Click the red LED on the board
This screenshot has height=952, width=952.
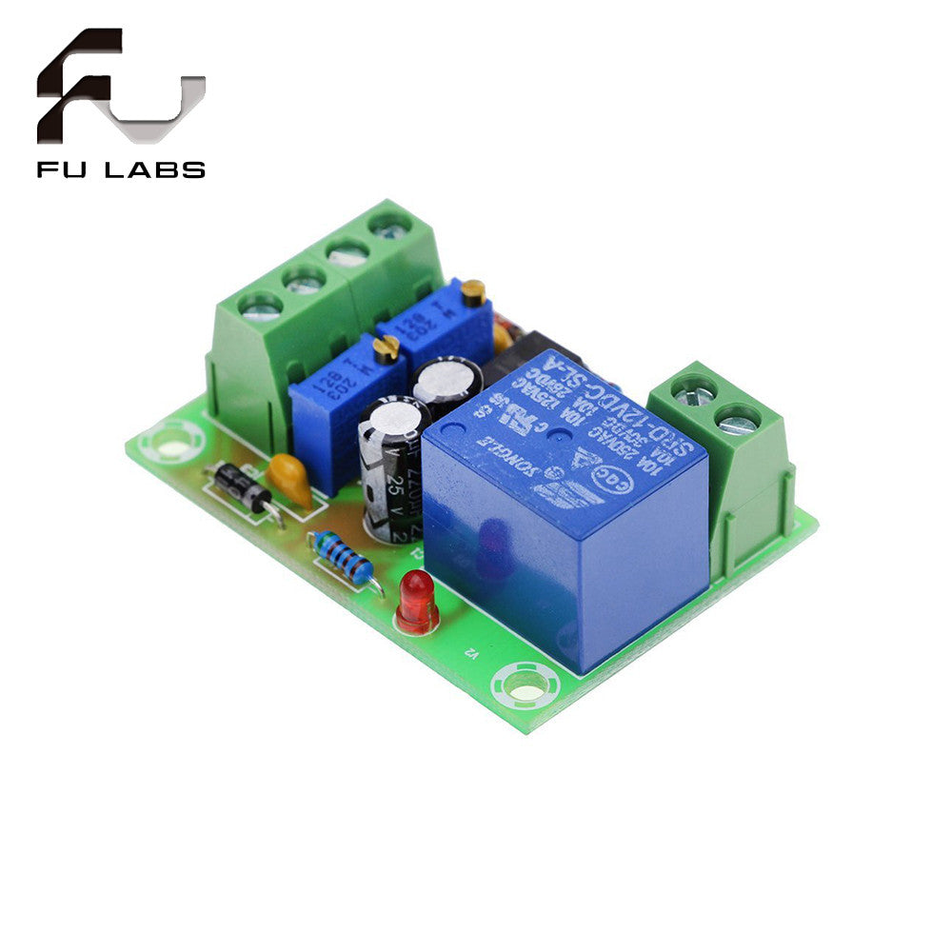(x=416, y=599)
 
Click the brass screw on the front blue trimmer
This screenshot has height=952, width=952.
(x=386, y=351)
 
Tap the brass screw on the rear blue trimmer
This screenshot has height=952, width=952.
(x=473, y=292)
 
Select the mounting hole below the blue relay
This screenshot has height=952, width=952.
(x=523, y=684)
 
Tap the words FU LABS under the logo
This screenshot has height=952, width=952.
(x=121, y=170)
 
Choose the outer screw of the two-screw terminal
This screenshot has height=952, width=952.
(x=739, y=419)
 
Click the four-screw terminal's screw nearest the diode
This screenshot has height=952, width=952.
(x=260, y=306)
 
